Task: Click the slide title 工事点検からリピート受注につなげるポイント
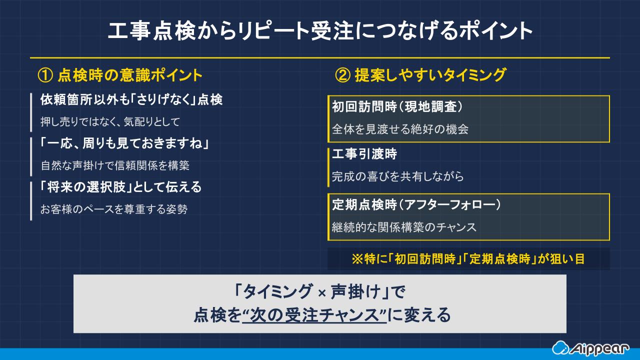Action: pyautogui.click(x=320, y=31)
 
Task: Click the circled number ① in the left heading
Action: pyautogui.click(x=45, y=75)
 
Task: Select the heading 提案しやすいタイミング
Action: pyautogui.click(x=430, y=75)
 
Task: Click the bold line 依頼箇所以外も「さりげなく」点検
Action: pyautogui.click(x=131, y=100)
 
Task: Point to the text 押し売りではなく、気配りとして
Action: pyautogui.click(x=110, y=121)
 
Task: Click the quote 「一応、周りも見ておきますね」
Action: pyautogui.click(x=124, y=144)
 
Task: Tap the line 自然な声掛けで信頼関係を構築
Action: pyautogui.click(x=115, y=165)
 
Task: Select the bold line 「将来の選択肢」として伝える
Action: pyautogui.click(x=121, y=187)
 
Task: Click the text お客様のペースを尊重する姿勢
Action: pyautogui.click(x=114, y=209)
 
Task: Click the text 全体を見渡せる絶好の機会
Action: pyautogui.click(x=400, y=129)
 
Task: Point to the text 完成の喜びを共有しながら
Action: pyautogui.click(x=398, y=176)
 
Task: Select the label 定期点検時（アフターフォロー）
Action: pyautogui.click(x=416, y=204)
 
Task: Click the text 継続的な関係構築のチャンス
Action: pyautogui.click(x=404, y=227)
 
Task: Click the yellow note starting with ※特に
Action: pyautogui.click(x=468, y=259)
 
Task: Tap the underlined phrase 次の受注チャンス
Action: pyautogui.click(x=314, y=315)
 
